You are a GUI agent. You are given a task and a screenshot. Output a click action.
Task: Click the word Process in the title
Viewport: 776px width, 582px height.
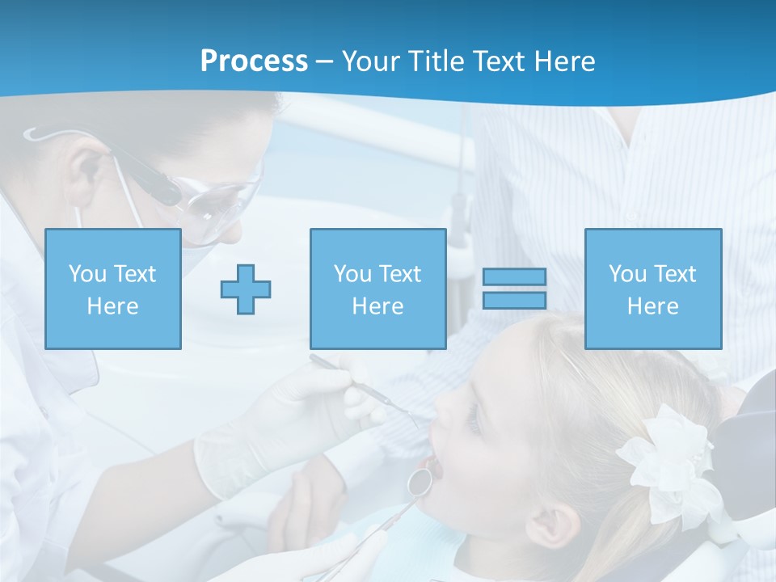pos(254,61)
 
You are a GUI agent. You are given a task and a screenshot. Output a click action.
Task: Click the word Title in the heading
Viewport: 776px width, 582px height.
pos(434,61)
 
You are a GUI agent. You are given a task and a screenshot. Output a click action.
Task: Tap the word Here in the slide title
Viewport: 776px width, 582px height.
pos(562,61)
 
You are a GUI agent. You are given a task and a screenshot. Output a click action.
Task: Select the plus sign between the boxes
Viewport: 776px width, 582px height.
pos(246,289)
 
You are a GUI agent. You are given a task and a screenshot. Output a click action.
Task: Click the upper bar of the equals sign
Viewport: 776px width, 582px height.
pos(514,277)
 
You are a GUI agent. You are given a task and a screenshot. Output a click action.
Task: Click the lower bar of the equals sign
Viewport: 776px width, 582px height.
pos(514,301)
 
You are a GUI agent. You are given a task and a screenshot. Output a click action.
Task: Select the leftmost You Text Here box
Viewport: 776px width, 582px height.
pos(113,289)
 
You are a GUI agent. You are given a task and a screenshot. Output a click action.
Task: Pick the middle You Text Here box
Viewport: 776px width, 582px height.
pos(377,289)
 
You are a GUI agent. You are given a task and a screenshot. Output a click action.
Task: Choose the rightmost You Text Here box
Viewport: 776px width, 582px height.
pos(653,289)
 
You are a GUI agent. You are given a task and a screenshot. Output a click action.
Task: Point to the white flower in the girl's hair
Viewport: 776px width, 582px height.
pos(667,461)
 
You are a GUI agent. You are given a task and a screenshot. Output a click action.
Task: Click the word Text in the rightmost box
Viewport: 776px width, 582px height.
pos(675,274)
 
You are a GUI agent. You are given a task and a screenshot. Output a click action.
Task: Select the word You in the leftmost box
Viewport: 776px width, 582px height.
pos(86,274)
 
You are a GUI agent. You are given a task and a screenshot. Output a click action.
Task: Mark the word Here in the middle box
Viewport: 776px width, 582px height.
pos(377,306)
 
